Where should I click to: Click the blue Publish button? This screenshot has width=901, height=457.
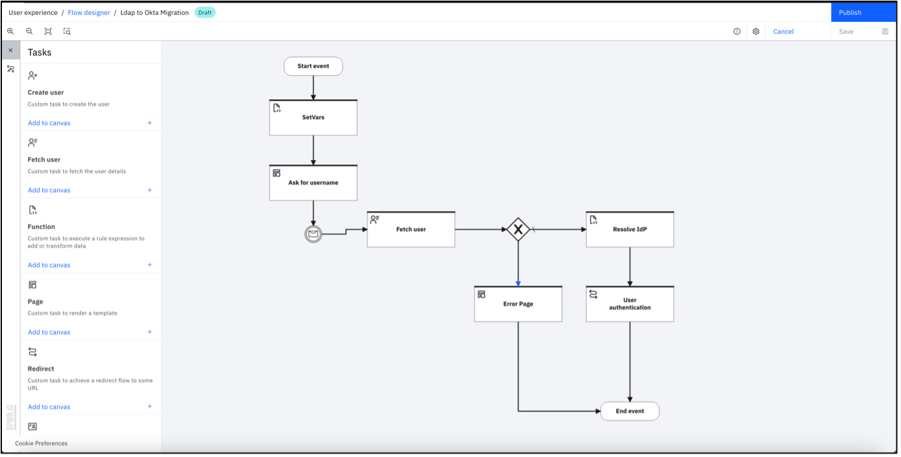(x=862, y=12)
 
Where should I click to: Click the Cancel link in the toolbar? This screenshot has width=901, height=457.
(x=783, y=31)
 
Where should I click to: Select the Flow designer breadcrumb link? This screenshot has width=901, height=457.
(x=89, y=12)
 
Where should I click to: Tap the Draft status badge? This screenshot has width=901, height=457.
(x=205, y=12)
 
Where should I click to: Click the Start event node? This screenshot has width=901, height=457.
(x=313, y=66)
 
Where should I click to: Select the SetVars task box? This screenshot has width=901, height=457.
(x=313, y=118)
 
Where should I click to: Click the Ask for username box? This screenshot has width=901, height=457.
(x=313, y=183)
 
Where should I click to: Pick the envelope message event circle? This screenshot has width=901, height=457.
(x=313, y=234)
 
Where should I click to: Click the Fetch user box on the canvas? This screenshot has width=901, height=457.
(x=411, y=229)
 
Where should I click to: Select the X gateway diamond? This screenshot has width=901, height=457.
(x=518, y=229)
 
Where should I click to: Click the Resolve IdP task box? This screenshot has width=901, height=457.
(x=629, y=229)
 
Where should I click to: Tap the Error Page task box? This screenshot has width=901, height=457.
(x=518, y=304)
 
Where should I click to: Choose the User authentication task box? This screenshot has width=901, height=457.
(x=629, y=304)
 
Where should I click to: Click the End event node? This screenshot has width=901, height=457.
(x=629, y=411)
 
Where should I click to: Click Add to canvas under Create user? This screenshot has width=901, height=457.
(x=49, y=123)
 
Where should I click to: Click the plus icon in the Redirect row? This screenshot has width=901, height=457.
(x=150, y=406)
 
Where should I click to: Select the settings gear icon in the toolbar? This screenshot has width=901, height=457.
(x=756, y=31)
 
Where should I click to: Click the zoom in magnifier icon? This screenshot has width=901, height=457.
(x=10, y=31)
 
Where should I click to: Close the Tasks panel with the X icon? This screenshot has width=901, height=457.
(x=10, y=50)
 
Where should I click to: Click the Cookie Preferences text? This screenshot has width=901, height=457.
(x=41, y=443)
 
